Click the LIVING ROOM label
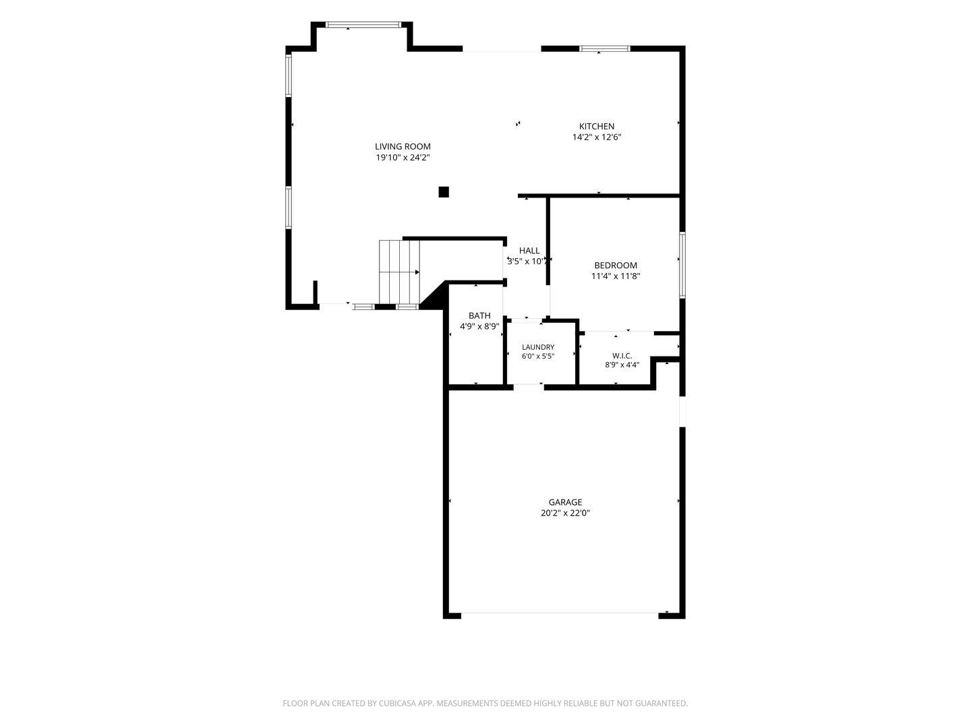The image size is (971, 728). coord(403,146)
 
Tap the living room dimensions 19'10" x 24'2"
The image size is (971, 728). coord(403,157)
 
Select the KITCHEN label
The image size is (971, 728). coord(596,127)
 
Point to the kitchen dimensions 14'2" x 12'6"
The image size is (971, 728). coord(596,137)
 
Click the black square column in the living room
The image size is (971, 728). coord(443,192)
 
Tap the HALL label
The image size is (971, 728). coord(529,251)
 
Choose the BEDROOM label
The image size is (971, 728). coord(616,265)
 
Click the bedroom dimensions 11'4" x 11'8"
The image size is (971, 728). coord(616,276)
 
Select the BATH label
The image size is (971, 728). coord(479,315)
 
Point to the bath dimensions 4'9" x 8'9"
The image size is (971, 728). coord(479,327)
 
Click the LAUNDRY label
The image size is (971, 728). coord(538,347)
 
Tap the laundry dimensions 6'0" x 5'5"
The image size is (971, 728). coord(538,357)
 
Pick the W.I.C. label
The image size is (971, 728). coord(622,356)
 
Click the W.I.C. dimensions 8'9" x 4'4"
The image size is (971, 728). coord(622,365)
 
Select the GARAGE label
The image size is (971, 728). coord(565,502)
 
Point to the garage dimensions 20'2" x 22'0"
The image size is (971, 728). coord(565,513)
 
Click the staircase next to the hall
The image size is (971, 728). coord(399,272)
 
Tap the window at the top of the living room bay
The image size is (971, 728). coord(363,25)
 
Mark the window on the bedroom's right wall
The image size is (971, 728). coord(682,265)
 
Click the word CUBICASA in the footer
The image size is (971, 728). coord(397,703)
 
